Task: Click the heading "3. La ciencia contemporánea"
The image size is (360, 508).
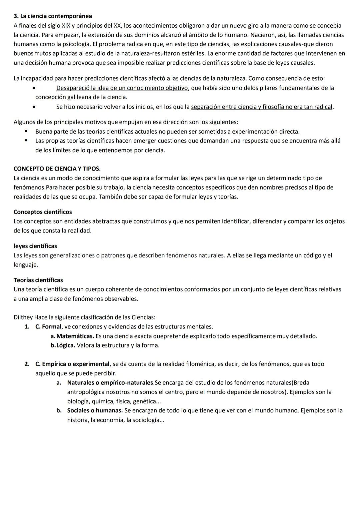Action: (53, 16)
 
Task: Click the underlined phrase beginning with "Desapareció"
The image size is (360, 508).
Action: (122, 88)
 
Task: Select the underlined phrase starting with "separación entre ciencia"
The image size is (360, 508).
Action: (262, 107)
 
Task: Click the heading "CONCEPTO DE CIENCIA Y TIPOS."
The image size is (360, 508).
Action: (57, 169)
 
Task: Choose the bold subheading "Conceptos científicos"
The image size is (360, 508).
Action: (43, 212)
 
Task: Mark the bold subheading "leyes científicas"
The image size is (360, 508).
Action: (35, 246)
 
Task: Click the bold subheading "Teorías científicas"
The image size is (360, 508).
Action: (38, 280)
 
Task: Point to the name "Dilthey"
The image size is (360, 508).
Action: (23, 317)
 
